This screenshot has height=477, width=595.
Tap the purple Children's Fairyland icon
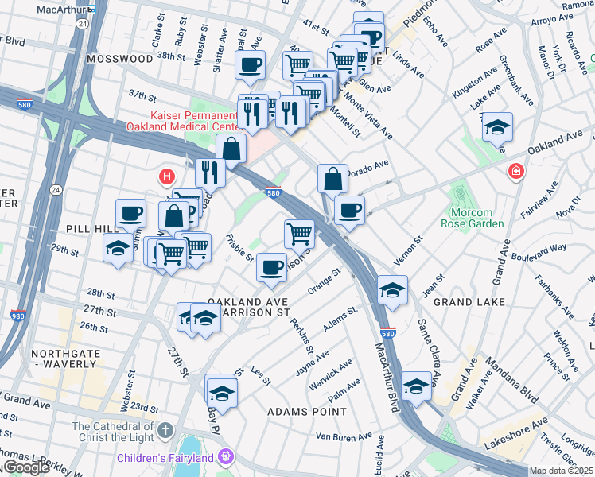(x=226, y=457)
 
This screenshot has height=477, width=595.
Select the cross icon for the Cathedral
(x=165, y=432)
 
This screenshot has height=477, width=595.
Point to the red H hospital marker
(x=167, y=176)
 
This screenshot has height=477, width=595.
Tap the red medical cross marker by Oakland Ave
(x=516, y=172)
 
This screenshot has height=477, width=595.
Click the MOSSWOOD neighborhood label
(x=120, y=59)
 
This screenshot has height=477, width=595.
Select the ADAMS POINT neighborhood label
(x=307, y=412)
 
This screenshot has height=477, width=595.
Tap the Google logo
(x=25, y=467)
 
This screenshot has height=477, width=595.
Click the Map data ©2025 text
(x=562, y=471)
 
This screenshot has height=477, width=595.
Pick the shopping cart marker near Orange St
(x=299, y=233)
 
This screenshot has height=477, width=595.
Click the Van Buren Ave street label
(x=344, y=436)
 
